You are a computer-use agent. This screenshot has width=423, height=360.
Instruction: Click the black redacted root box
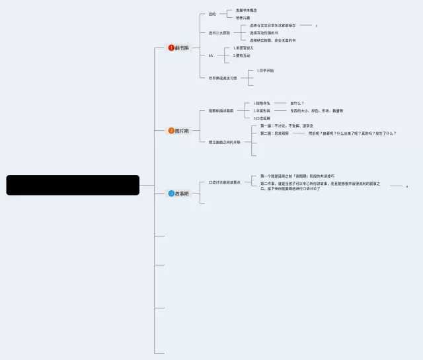pos(73,185)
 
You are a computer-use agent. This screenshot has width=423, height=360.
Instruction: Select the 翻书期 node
pos(182,48)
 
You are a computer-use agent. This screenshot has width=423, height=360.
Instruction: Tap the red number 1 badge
pos(171,48)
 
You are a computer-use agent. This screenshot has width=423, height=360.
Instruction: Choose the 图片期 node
pos(182,131)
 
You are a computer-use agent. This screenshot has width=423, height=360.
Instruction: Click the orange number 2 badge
pos(171,131)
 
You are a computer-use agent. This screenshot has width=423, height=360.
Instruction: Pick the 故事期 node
pos(182,194)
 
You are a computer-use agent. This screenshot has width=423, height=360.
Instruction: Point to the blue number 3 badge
pos(171,194)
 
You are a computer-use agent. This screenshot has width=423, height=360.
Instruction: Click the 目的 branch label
pos(212,14)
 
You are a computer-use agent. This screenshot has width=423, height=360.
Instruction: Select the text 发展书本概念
pos(247,10)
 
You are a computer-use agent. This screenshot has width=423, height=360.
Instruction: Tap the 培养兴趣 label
pos(243,18)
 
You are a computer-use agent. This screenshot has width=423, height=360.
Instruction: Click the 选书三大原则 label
pos(219,32)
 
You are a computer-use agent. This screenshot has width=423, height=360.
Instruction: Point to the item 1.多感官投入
pos(243,48)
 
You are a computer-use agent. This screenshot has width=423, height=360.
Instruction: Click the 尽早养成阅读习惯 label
pos(223,78)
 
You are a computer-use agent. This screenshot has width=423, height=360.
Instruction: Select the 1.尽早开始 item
pos(265,71)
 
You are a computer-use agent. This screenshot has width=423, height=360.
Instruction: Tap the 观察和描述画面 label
pos(221,110)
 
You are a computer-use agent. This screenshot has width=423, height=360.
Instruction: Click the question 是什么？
pos(297,103)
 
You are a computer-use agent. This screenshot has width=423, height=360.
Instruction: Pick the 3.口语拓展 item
pos(263,118)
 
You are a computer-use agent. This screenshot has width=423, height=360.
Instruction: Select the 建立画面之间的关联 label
pos(225,141)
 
